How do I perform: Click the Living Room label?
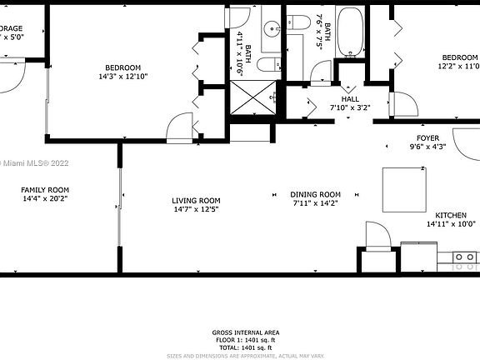tap(196, 200)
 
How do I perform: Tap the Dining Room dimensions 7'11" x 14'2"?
tap(317, 203)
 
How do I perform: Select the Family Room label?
tap(45, 190)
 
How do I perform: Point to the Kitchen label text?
tap(451, 215)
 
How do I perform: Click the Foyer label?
tap(427, 137)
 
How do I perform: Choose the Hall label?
tap(349, 97)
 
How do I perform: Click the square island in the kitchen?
tap(404, 189)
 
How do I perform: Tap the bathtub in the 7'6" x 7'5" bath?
tap(351, 32)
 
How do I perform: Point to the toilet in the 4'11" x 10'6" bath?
tap(267, 65)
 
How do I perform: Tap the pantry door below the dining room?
tap(377, 238)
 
